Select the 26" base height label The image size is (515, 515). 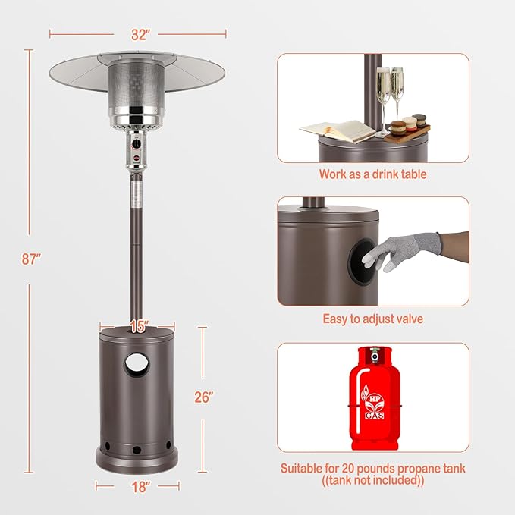click(x=203, y=397)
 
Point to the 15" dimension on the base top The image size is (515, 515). click(x=138, y=327)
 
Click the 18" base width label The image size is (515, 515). click(x=138, y=486)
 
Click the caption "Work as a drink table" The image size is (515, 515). click(x=372, y=174)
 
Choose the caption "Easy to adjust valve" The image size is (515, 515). click(x=372, y=319)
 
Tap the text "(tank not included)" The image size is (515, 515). click(x=372, y=481)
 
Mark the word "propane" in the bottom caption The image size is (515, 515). click(x=410, y=468)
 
